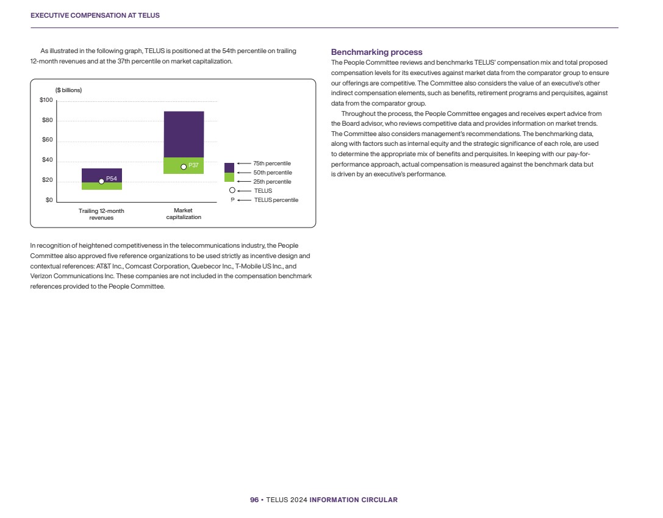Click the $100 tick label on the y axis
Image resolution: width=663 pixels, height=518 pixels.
point(46,100)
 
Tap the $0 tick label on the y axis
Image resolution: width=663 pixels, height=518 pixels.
point(50,200)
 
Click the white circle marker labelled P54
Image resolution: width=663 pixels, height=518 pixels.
point(101,181)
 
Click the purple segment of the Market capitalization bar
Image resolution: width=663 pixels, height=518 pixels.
point(184,134)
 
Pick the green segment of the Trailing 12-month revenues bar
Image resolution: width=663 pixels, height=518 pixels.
point(101,186)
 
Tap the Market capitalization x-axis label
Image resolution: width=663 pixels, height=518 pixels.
point(183,214)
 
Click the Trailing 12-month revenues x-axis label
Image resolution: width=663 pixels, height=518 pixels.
point(101,214)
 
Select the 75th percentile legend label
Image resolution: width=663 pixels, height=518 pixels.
point(272,164)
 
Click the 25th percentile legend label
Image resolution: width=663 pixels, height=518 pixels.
point(272,182)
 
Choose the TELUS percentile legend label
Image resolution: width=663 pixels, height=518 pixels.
point(276,200)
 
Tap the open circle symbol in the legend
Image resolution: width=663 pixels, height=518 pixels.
point(232,190)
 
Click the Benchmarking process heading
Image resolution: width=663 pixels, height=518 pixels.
point(376,52)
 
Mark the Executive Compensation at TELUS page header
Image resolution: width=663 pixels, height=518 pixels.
point(95,15)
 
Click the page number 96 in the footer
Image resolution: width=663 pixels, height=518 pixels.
point(254,500)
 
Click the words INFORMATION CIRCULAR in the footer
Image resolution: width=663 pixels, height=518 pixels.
point(354,500)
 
